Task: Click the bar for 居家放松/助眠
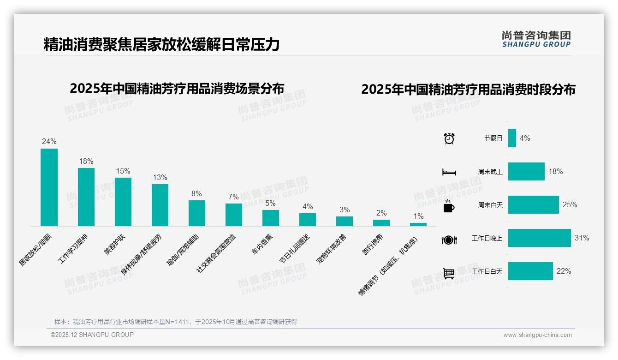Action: pos(49,187)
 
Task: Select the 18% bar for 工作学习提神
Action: pos(86,197)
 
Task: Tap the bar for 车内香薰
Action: pos(270,218)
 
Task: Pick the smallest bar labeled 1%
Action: pos(418,224)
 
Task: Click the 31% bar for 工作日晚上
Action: pos(539,238)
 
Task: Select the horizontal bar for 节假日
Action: pos(512,138)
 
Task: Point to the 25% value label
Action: pos(570,204)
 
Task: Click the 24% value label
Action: pos(49,142)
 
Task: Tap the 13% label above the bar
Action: pos(160,178)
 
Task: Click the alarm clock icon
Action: pos(449,138)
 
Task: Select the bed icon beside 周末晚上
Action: pos(449,172)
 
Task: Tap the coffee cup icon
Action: pos(449,206)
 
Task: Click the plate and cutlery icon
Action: pos(449,240)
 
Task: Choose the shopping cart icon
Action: pos(449,273)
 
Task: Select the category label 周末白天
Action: pos(490,205)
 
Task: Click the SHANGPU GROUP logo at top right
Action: pos(536,39)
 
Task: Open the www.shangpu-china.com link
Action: pos(537,335)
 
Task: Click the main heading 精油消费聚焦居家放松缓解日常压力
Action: pos(161,44)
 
